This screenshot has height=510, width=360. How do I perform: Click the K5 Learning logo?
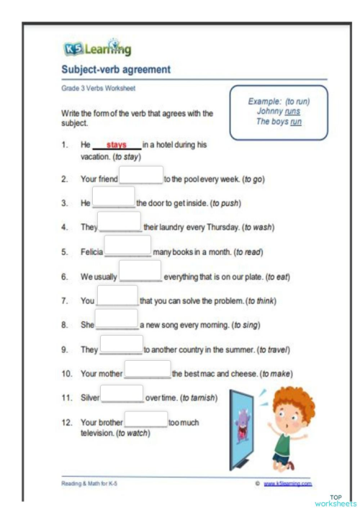pos(97,49)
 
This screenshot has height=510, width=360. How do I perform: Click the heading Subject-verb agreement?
pos(115,70)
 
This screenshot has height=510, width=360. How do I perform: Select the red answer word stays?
pos(116,145)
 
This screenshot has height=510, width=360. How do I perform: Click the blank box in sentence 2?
pos(141,176)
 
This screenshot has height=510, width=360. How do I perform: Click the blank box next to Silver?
pos(122,393)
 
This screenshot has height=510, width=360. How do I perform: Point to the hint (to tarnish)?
pos(204,398)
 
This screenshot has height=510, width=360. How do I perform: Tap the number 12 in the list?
pos(66,422)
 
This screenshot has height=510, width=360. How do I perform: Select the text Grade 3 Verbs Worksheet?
pos(98,89)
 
